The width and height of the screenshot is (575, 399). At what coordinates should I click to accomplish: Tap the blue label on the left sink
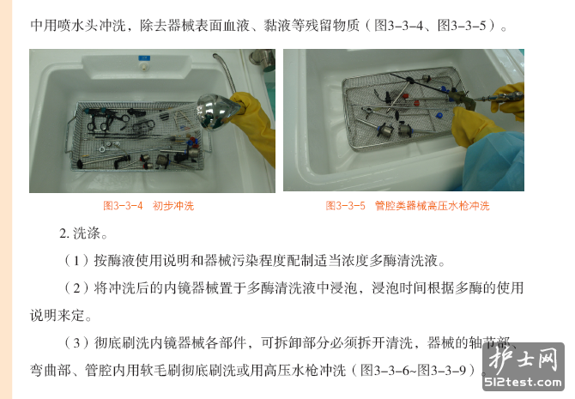[x=144, y=58]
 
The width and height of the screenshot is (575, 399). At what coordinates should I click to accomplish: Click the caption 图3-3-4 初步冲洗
[x=148, y=206]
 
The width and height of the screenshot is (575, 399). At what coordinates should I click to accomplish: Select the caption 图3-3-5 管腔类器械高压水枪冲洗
[x=408, y=206]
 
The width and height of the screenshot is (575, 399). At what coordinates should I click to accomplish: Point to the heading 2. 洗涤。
[x=83, y=233]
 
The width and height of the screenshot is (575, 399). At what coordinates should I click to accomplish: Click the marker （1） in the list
[x=76, y=260]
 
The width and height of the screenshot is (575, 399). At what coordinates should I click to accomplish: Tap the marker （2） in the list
[x=76, y=288]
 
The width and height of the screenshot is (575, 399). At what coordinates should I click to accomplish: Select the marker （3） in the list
[x=76, y=343]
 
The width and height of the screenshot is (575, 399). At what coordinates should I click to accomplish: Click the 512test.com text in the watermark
[x=523, y=383]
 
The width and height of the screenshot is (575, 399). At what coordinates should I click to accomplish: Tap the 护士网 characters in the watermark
[x=524, y=360]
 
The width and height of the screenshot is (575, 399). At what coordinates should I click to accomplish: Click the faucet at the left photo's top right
[x=262, y=59]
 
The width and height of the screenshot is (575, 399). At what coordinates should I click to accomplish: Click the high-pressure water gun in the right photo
[x=484, y=99]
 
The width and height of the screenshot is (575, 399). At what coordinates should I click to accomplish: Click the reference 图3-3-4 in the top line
[x=398, y=25]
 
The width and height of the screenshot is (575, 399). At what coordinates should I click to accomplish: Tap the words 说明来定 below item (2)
[x=57, y=316]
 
